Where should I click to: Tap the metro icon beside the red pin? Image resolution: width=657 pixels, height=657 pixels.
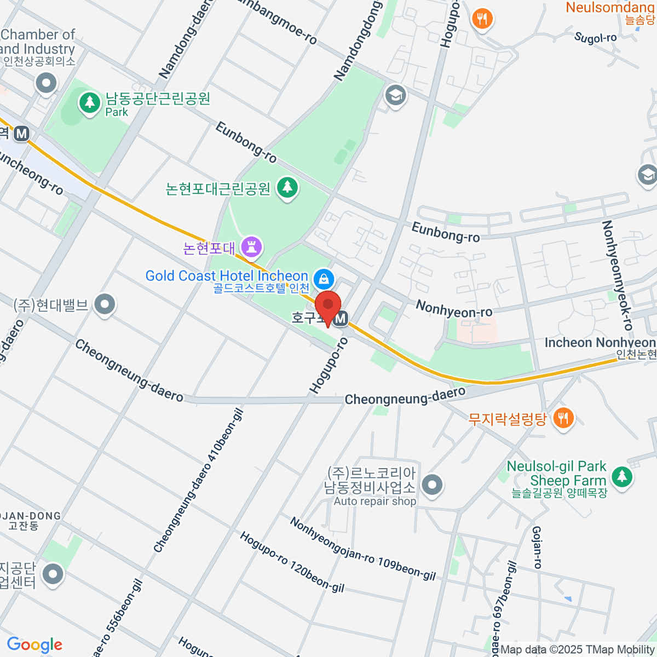click(341, 318)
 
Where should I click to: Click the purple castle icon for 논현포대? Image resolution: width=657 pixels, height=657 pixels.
click(251, 246)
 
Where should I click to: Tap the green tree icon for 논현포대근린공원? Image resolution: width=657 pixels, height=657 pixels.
click(287, 188)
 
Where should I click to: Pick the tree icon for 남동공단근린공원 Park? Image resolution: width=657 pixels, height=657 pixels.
click(89, 102)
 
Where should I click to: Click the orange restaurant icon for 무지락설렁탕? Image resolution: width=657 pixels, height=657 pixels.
click(563, 419)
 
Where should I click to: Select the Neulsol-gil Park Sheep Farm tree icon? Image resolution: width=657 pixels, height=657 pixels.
click(621, 476)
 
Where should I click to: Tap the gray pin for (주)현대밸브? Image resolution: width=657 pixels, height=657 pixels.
click(104, 304)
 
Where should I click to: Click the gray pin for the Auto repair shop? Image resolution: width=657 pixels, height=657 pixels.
click(433, 485)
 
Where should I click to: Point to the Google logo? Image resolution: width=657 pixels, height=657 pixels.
click(34, 644)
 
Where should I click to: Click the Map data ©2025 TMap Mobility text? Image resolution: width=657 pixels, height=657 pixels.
click(578, 650)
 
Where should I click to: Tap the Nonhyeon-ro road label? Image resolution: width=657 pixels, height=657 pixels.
click(454, 309)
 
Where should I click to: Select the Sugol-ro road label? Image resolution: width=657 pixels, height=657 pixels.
click(595, 38)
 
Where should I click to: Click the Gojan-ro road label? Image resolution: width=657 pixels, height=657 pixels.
click(537, 547)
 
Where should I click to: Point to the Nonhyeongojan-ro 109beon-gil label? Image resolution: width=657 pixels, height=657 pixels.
click(362, 549)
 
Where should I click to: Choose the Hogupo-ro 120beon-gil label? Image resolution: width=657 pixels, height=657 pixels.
click(292, 562)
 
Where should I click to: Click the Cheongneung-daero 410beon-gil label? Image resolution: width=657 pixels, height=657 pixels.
click(198, 481)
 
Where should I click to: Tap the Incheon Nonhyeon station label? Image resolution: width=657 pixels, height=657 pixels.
click(600, 343)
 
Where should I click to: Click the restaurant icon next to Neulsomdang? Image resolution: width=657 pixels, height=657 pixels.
click(482, 20)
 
